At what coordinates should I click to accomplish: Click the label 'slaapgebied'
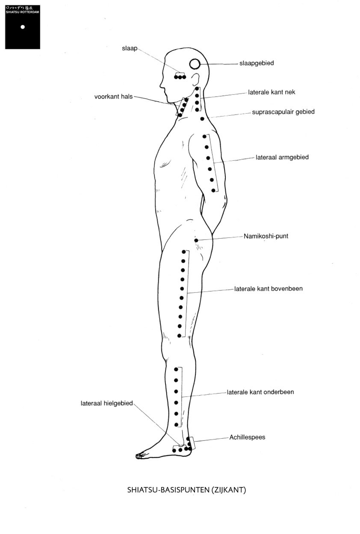[257, 63]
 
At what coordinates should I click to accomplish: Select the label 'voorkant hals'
[113, 97]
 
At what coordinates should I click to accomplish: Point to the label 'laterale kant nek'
[271, 92]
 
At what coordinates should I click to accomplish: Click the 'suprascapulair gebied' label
[283, 112]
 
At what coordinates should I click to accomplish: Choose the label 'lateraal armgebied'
[282, 157]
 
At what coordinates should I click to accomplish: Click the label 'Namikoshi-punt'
[266, 236]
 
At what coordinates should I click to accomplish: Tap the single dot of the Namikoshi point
[196, 240]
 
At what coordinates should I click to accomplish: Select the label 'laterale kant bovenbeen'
[268, 289]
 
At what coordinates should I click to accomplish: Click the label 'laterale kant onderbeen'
[260, 392]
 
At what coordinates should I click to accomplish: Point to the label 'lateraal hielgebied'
[106, 403]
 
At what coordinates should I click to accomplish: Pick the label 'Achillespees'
[247, 437]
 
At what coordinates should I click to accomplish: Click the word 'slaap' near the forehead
[130, 48]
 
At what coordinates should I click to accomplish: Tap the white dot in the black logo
[23, 27]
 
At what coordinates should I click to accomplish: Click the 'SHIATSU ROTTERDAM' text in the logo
[22, 12]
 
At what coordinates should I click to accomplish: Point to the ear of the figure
[195, 79]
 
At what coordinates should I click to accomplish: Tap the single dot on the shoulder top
[202, 119]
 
